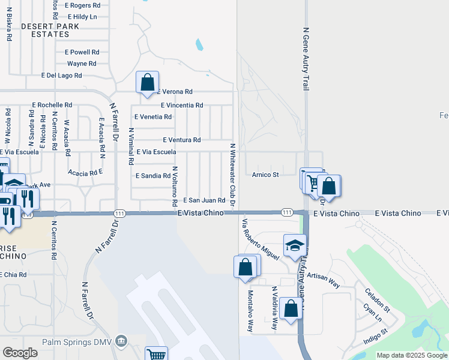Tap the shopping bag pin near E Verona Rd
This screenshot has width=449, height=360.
[x=147, y=83]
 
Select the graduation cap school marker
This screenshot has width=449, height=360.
[x=295, y=245]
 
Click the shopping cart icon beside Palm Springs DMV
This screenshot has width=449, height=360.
[x=156, y=354]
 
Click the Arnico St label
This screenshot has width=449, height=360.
[x=265, y=175]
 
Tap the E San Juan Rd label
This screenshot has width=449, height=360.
[x=204, y=200]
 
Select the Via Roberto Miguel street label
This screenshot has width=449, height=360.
[x=261, y=239]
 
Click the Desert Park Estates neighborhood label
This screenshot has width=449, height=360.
[x=45, y=30]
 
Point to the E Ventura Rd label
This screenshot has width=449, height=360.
[x=182, y=140]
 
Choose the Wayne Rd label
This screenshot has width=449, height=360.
[x=82, y=64]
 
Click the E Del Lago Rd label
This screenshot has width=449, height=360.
[x=61, y=76]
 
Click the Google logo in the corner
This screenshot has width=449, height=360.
[x=20, y=353]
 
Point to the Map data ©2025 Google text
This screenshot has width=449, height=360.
[x=412, y=355]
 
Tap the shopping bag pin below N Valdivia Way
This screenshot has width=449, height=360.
[x=291, y=310]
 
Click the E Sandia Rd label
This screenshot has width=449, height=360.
[x=153, y=176]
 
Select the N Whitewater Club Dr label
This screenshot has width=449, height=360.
[x=232, y=175]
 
